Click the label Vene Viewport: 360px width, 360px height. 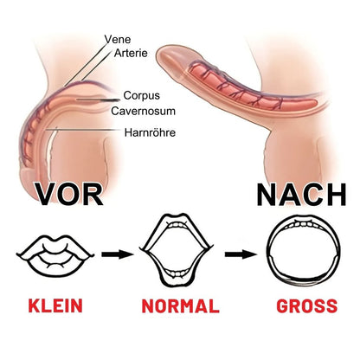[118, 39]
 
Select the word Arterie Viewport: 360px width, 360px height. [131, 53]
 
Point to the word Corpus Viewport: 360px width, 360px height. [141, 95]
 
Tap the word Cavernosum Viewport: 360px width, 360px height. [144, 111]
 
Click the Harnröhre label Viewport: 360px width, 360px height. [150, 132]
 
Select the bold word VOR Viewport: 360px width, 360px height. [70, 195]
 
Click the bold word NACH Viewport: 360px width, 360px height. [301, 195]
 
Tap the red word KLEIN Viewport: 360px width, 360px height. [55, 306]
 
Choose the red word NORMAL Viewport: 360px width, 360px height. [181, 306]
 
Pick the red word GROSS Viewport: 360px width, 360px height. [307, 306]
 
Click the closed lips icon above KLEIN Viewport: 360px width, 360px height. [55, 254]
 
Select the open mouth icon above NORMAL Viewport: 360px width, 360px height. [177, 250]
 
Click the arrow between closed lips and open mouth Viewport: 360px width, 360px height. [118, 254]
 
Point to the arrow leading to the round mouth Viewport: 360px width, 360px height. [241, 254]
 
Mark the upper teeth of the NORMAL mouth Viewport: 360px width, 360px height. [177, 225]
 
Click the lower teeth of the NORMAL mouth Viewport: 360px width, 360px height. [177, 273]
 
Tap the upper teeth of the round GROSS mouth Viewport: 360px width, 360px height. [303, 224]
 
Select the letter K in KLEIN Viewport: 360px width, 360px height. [34, 306]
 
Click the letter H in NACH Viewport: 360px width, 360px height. [337, 195]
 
